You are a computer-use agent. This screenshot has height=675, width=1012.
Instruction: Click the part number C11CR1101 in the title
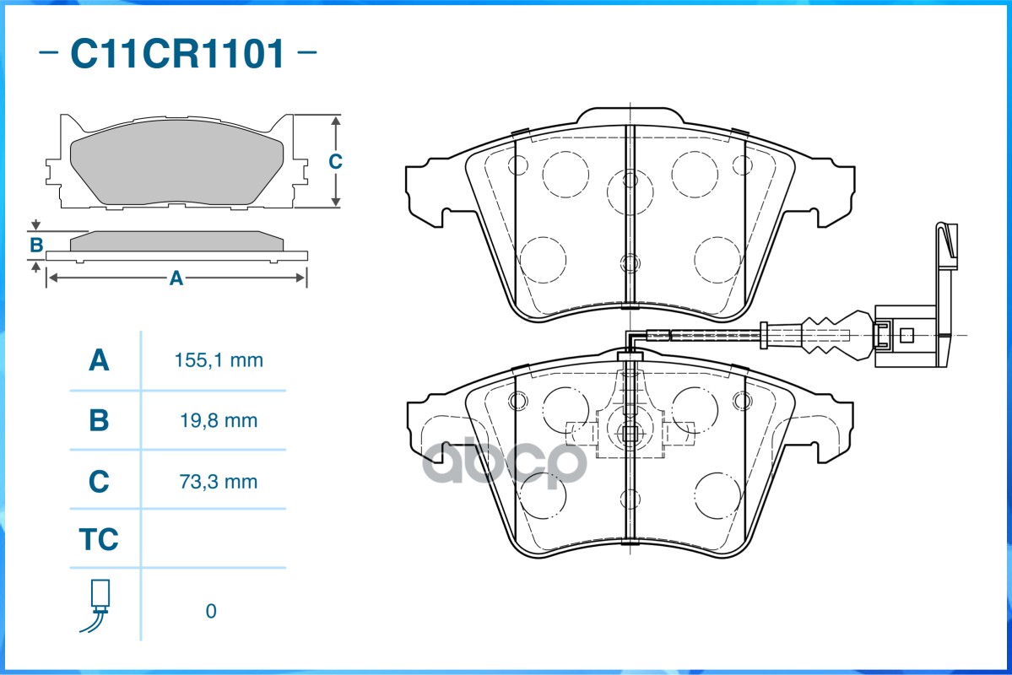tap(177, 55)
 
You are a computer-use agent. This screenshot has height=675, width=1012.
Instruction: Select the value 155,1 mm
tap(219, 361)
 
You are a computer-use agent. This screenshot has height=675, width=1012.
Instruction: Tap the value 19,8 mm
tap(219, 420)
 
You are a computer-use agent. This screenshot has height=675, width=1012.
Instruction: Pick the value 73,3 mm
tap(219, 482)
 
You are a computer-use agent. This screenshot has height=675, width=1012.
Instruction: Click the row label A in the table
tap(99, 361)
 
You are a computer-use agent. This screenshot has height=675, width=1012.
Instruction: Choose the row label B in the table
tap(99, 420)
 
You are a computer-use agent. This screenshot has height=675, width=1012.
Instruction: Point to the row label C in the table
tap(99, 482)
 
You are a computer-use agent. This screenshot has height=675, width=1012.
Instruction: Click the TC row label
tap(99, 539)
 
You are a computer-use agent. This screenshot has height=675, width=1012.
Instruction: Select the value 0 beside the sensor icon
tap(211, 611)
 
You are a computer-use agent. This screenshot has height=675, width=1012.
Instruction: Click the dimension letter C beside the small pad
tap(335, 161)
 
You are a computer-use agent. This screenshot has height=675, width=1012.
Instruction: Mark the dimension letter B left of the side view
tap(36, 246)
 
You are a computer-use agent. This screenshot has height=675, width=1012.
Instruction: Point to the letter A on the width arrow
tap(176, 278)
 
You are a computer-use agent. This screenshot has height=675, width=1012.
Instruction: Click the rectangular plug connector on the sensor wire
tap(906, 335)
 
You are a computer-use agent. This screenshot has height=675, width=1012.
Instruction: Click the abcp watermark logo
tap(504, 462)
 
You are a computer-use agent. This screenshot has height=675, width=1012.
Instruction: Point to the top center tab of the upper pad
tap(630, 116)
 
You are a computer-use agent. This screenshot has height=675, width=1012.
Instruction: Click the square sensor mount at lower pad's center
tap(629, 434)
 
